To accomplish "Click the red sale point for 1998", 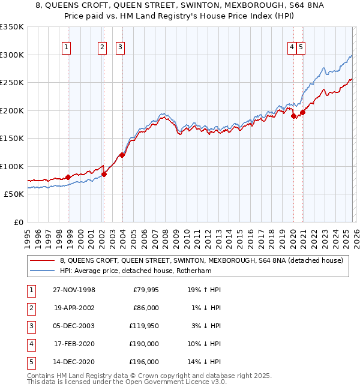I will pos(68,177).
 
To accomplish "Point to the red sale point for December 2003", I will pos(122,155).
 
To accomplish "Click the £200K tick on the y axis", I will pos(13,110).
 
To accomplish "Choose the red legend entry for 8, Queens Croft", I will pos(201,260).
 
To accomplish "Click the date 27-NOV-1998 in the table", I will pos(74,290).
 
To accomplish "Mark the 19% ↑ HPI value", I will pos(205,290).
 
